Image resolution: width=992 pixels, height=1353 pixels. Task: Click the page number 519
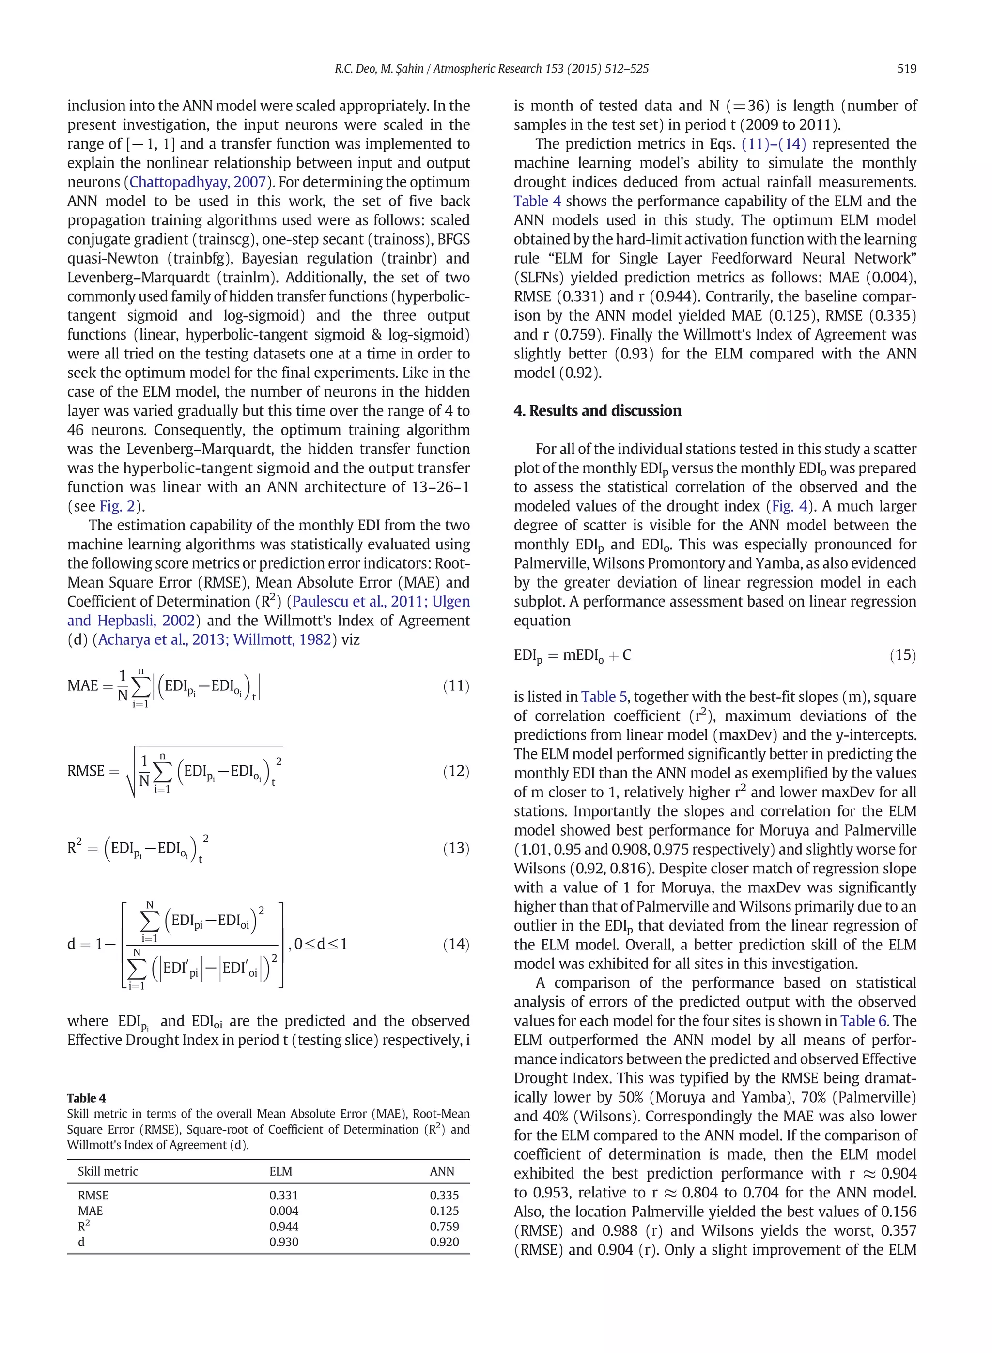[x=906, y=68]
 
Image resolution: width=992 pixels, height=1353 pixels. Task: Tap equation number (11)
[x=456, y=686]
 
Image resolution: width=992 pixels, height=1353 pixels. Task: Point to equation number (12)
[x=456, y=771]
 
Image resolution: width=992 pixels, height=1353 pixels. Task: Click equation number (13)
[x=456, y=848]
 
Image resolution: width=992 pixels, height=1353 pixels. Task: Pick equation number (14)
[x=456, y=944]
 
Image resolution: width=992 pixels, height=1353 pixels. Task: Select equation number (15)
[x=902, y=654]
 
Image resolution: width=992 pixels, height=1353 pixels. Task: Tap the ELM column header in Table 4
[x=280, y=1172]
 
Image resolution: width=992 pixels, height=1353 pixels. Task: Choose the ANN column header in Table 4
[x=442, y=1172]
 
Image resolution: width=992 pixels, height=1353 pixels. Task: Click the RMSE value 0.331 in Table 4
[x=283, y=1196]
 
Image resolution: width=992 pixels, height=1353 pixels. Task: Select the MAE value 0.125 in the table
[x=444, y=1211]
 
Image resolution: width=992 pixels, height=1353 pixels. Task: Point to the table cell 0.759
[x=444, y=1227]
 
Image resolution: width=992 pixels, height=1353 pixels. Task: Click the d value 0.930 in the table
[x=283, y=1243]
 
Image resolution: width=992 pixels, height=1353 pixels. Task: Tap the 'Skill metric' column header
[x=108, y=1172]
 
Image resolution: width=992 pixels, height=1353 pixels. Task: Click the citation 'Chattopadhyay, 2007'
[x=198, y=182]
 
